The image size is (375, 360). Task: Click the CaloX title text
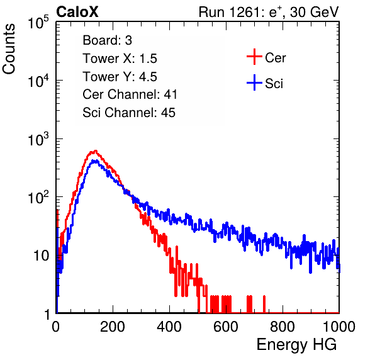pos(77,12)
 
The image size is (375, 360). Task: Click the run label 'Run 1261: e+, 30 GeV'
pos(269,12)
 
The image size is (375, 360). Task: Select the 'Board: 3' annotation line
pos(107,40)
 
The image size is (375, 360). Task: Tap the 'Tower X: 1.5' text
pos(120,59)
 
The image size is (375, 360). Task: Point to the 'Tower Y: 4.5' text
pos(120,77)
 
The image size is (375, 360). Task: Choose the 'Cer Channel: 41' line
pos(130,94)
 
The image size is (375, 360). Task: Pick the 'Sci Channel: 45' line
pos(129,113)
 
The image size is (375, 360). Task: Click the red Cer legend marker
pos(254,57)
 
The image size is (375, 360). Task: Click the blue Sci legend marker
pos(254,82)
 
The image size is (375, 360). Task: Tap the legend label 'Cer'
pos(275,58)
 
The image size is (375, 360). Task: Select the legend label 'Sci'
pos(274,84)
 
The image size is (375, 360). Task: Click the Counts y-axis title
pos(9,49)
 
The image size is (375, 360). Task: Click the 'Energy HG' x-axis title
pos(296,345)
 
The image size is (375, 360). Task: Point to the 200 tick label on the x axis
pos(113,327)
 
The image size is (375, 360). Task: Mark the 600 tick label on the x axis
pos(226,327)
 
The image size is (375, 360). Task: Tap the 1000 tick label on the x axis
pos(339,327)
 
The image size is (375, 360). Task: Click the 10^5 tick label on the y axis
pos(38,22)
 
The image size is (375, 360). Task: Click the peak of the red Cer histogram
pos(96,150)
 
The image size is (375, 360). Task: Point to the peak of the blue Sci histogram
pos(95,160)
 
